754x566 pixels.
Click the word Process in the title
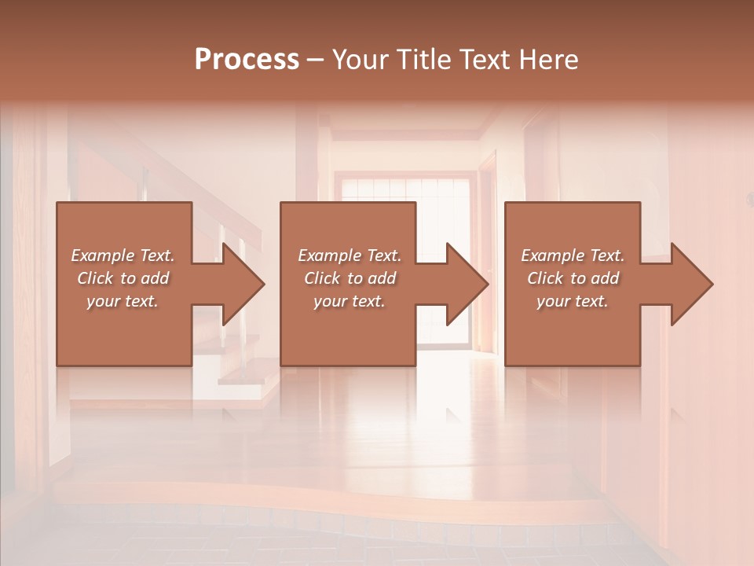tap(247, 60)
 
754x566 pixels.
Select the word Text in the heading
tap(487, 60)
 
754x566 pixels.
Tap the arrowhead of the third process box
tap(690, 285)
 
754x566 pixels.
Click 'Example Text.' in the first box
tap(123, 255)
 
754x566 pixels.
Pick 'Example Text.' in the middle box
tap(350, 255)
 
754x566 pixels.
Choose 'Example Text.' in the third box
tap(573, 255)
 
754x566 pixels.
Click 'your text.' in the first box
tap(123, 301)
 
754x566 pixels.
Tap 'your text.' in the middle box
tap(350, 301)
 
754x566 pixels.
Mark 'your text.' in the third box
tap(573, 301)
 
